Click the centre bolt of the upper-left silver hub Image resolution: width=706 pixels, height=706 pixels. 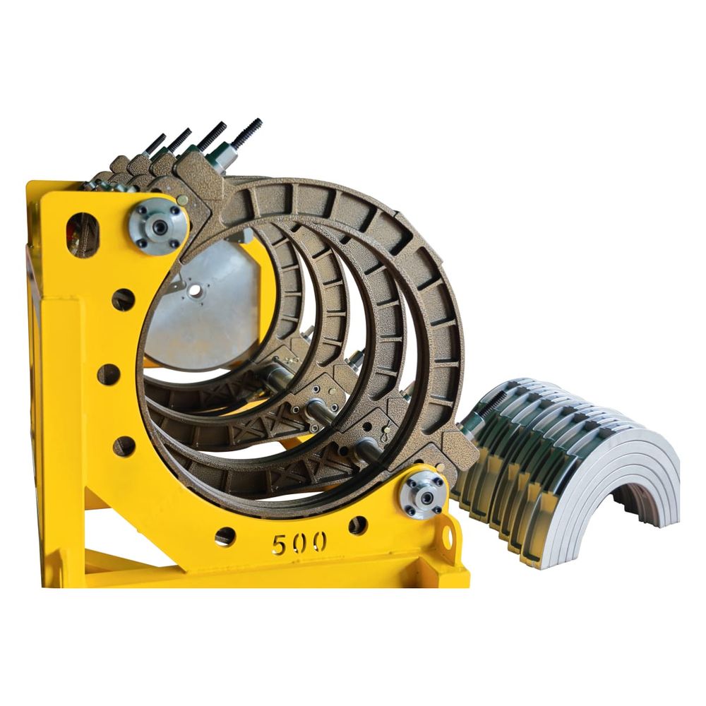pyautogui.click(x=159, y=226)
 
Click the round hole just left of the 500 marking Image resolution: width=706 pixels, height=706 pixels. pyautogui.click(x=225, y=536)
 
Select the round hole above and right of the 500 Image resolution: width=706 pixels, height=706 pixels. pyautogui.click(x=358, y=525)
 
